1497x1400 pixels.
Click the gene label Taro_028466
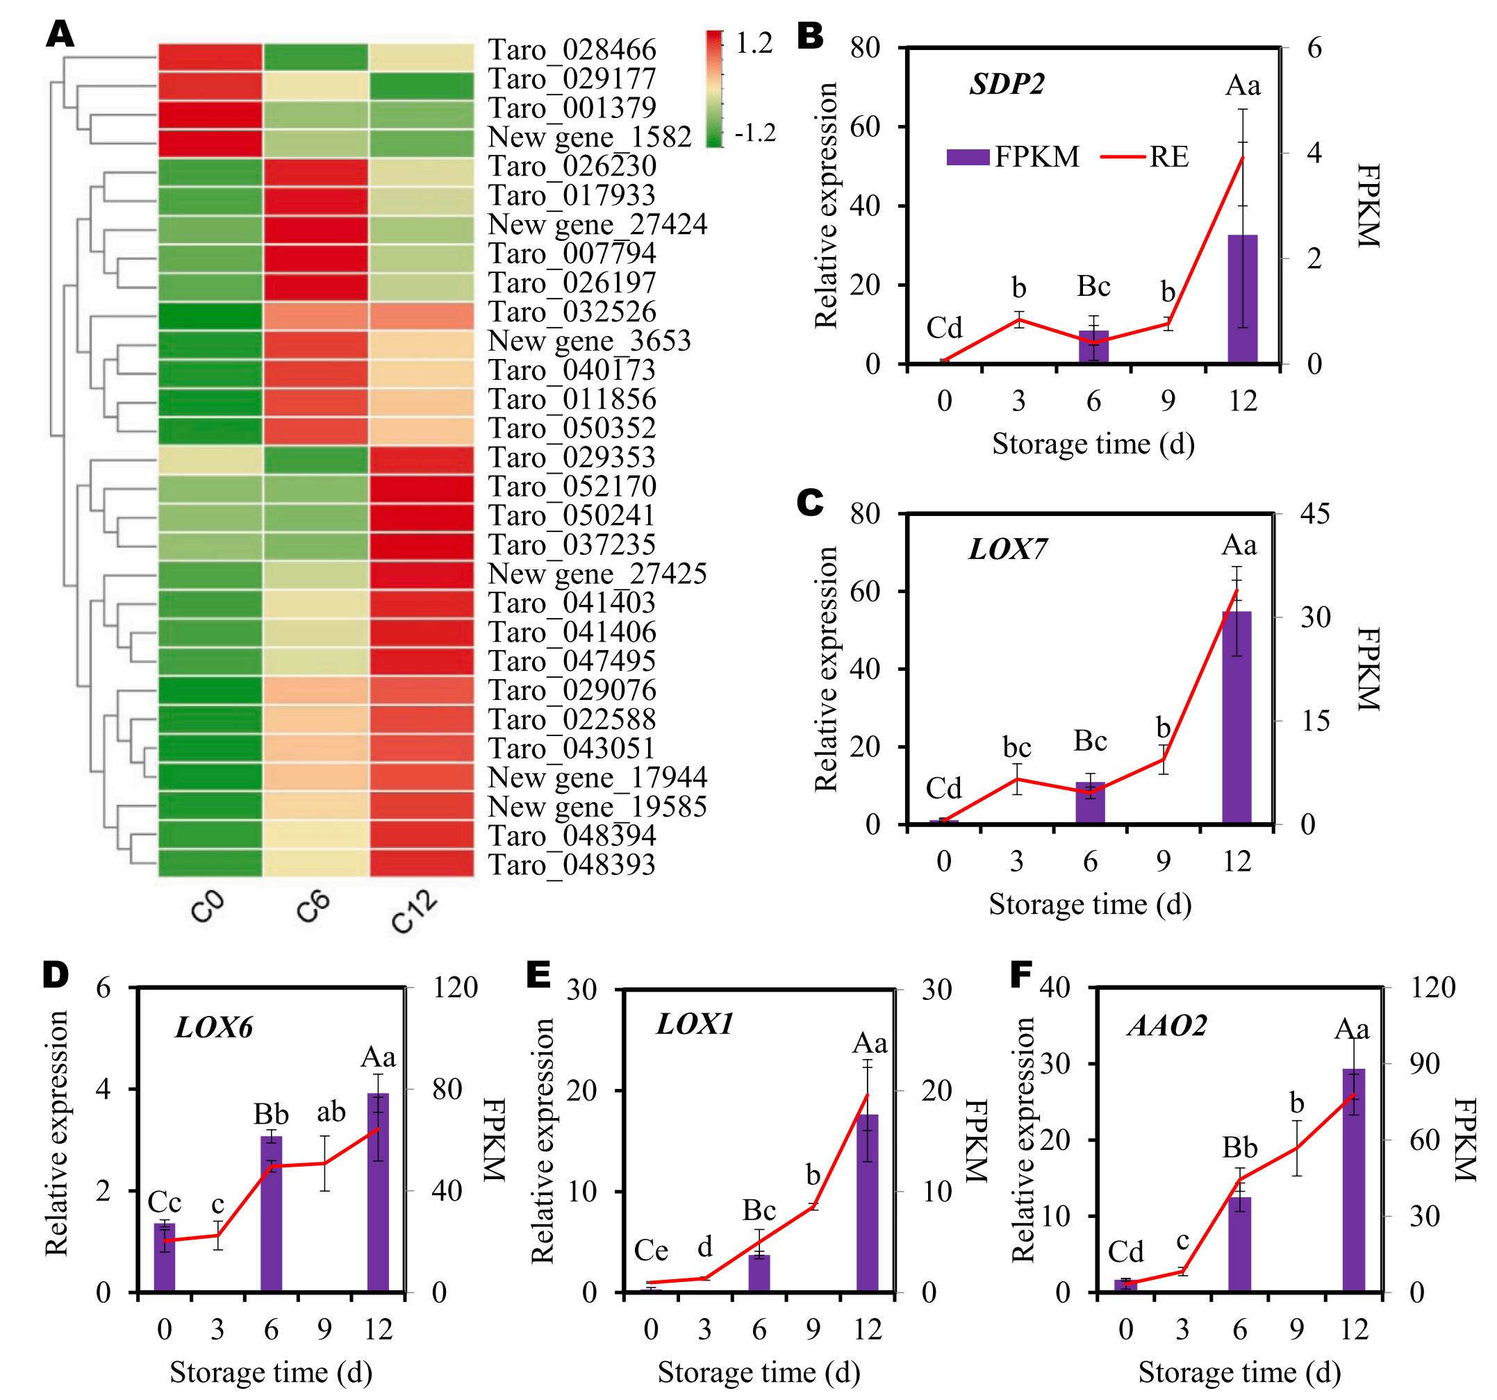pyautogui.click(x=572, y=50)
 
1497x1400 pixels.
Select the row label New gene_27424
pyautogui.click(x=597, y=224)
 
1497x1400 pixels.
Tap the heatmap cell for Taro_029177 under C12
pyautogui.click(x=422, y=86)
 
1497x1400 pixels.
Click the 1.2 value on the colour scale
pyautogui.click(x=754, y=44)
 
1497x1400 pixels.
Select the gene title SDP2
pyautogui.click(x=1007, y=84)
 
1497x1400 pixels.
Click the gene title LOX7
pyautogui.click(x=1007, y=549)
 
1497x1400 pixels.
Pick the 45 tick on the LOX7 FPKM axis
pyautogui.click(x=1315, y=514)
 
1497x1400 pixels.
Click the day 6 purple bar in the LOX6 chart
pyautogui.click(x=271, y=1213)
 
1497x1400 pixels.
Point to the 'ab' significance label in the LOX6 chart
pyautogui.click(x=331, y=1112)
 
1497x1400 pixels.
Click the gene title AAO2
pyautogui.click(x=1166, y=1026)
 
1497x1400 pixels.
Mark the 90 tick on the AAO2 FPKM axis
pyautogui.click(x=1425, y=1064)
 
